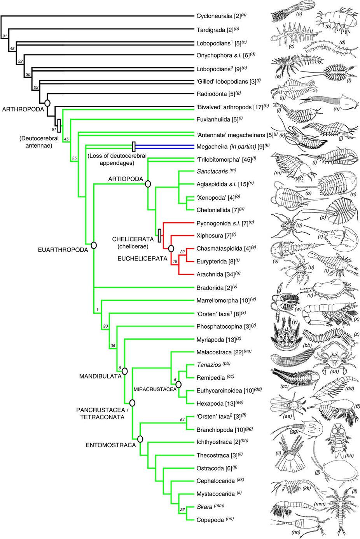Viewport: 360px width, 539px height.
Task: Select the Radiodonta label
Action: (x=212, y=94)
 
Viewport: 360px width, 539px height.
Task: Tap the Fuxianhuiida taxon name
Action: (x=213, y=120)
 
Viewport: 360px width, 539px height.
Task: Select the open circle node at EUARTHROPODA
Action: (x=93, y=245)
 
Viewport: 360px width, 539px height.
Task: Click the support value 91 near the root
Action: (x=5, y=36)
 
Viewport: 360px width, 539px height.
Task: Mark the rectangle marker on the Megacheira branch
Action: (x=134, y=147)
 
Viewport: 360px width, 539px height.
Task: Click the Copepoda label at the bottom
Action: (x=210, y=519)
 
